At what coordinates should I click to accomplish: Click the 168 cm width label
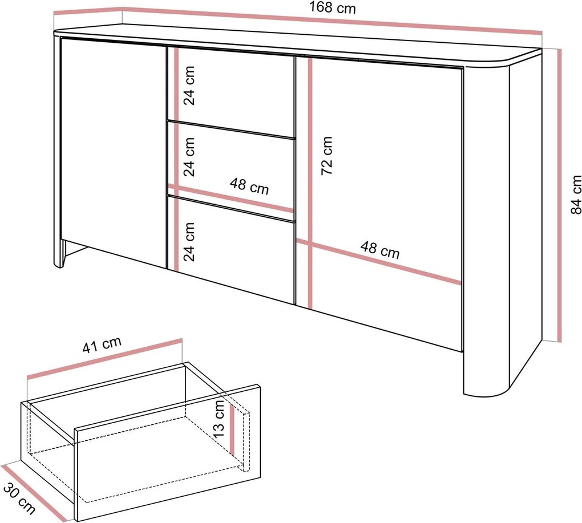(x=332, y=8)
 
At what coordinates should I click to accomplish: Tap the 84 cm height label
(x=576, y=194)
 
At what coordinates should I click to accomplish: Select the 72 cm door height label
(x=326, y=156)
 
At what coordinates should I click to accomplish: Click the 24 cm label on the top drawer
(x=189, y=86)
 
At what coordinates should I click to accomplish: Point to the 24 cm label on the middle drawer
(x=189, y=157)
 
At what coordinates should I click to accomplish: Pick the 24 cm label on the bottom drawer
(x=189, y=242)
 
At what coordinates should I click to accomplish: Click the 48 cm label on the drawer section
(x=249, y=186)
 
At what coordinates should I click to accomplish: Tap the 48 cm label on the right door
(x=380, y=250)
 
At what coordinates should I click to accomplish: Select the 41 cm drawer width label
(x=102, y=344)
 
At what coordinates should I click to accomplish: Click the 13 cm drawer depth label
(x=219, y=419)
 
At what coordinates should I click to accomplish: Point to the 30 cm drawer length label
(x=19, y=498)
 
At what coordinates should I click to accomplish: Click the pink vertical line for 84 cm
(x=559, y=195)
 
